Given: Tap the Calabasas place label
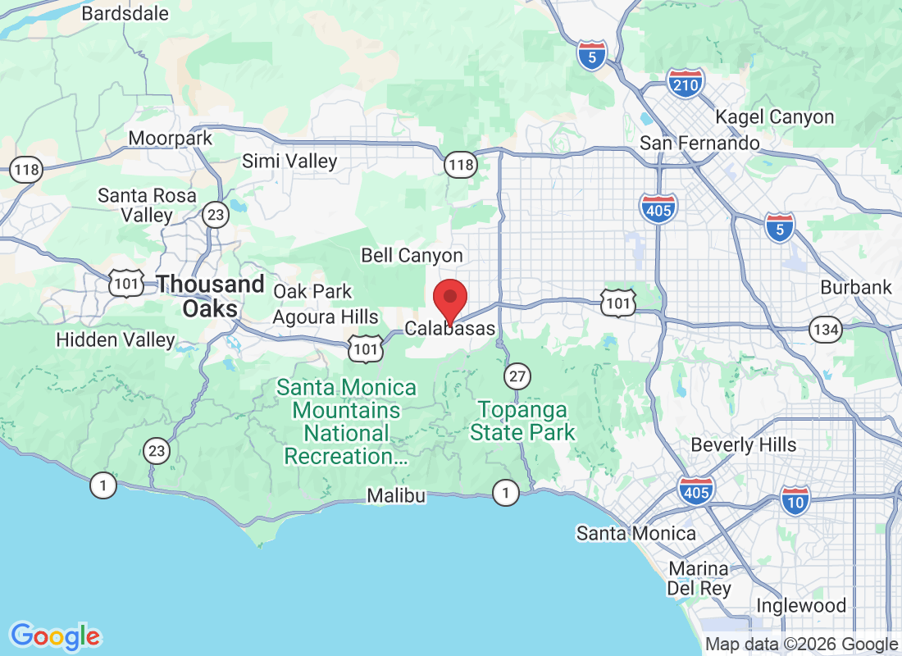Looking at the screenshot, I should pyautogui.click(x=450, y=329).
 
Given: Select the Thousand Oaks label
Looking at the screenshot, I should pyautogui.click(x=211, y=296).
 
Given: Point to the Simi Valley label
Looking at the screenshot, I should pyautogui.click(x=289, y=162).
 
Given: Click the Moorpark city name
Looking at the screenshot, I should pyautogui.click(x=171, y=139).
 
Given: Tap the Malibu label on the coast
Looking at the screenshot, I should pyautogui.click(x=396, y=495).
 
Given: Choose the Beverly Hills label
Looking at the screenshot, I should pyautogui.click(x=744, y=444).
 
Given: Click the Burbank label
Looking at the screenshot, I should pyautogui.click(x=856, y=288).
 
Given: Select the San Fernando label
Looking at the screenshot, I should pyautogui.click(x=699, y=143).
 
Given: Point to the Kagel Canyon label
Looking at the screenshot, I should pyautogui.click(x=775, y=117).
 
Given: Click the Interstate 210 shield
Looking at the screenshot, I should pyautogui.click(x=685, y=83).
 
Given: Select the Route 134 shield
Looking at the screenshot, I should pyautogui.click(x=825, y=330).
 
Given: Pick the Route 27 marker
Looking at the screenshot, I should pyautogui.click(x=517, y=376).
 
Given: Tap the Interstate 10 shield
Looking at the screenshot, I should pyautogui.click(x=795, y=500).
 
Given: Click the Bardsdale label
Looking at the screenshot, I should pyautogui.click(x=125, y=14).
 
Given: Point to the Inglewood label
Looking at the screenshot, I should pyautogui.click(x=801, y=606).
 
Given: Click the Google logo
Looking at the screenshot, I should pyautogui.click(x=56, y=635).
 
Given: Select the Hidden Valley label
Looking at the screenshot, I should pyautogui.click(x=116, y=339).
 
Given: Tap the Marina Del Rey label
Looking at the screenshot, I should pyautogui.click(x=699, y=578).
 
